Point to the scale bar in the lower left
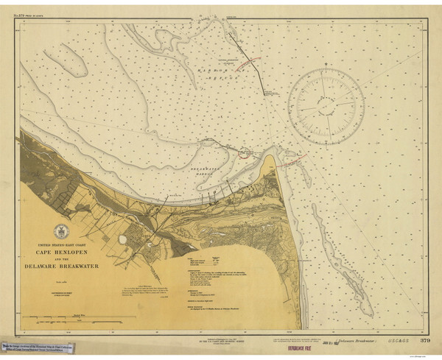74,317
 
